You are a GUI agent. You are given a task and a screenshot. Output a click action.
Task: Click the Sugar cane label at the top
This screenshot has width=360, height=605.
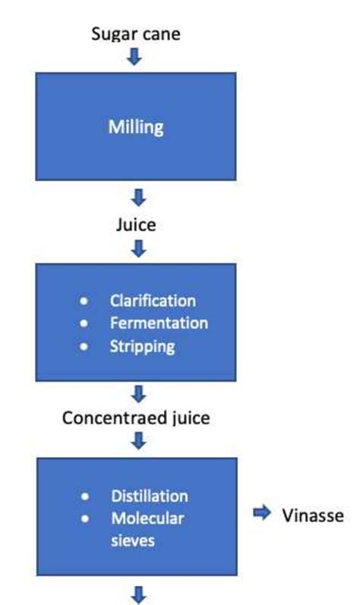[136, 33]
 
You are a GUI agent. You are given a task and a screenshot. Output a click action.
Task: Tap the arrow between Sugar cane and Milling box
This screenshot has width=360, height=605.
[134, 57]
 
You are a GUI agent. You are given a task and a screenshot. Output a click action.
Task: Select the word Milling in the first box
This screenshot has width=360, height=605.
[136, 127]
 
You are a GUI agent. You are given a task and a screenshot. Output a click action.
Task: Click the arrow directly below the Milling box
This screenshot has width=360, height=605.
[138, 199]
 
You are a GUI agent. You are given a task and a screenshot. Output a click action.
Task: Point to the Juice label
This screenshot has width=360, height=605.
[136, 225]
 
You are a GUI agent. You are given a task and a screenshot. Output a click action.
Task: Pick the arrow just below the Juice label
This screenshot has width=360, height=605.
[138, 248]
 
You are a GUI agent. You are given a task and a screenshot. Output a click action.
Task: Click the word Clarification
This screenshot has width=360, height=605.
[153, 301]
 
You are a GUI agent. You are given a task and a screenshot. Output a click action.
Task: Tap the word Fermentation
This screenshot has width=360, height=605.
[159, 323]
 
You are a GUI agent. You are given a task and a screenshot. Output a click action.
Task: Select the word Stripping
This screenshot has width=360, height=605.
[142, 346]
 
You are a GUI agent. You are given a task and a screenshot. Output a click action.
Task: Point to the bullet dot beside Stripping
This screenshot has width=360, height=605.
[85, 347]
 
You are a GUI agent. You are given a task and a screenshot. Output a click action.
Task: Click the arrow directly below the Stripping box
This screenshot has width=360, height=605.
[138, 394]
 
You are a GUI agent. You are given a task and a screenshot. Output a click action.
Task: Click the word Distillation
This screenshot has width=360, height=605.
[150, 496]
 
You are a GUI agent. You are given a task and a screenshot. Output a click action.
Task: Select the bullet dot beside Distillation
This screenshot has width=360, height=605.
[85, 497]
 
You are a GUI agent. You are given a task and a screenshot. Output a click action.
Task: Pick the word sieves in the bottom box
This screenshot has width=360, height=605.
[132, 542]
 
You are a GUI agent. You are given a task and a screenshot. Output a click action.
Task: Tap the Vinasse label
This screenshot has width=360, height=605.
[314, 516]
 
